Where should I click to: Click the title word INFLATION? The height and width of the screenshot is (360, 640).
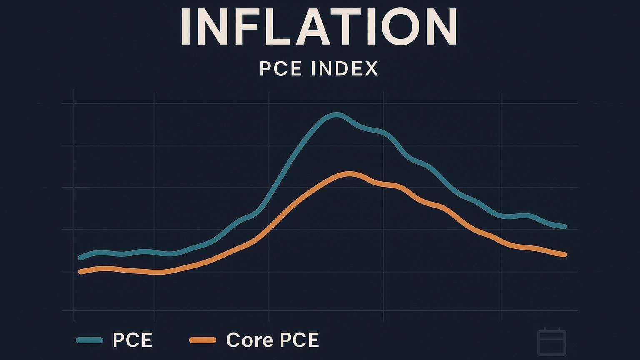(320, 27)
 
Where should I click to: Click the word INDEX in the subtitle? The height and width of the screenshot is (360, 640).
(345, 69)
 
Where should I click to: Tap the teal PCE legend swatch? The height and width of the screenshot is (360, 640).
(90, 340)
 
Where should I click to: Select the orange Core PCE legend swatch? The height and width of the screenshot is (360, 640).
(202, 340)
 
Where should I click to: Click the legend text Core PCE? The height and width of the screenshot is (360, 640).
(272, 340)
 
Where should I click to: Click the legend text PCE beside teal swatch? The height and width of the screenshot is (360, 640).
(132, 340)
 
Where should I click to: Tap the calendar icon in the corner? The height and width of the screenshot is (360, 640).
(552, 342)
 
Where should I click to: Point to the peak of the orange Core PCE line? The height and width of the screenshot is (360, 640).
(350, 174)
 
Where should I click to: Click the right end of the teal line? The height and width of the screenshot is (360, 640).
(565, 227)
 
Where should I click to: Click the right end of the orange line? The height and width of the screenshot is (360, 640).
(564, 254)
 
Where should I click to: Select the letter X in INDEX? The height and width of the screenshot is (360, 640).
(370, 69)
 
